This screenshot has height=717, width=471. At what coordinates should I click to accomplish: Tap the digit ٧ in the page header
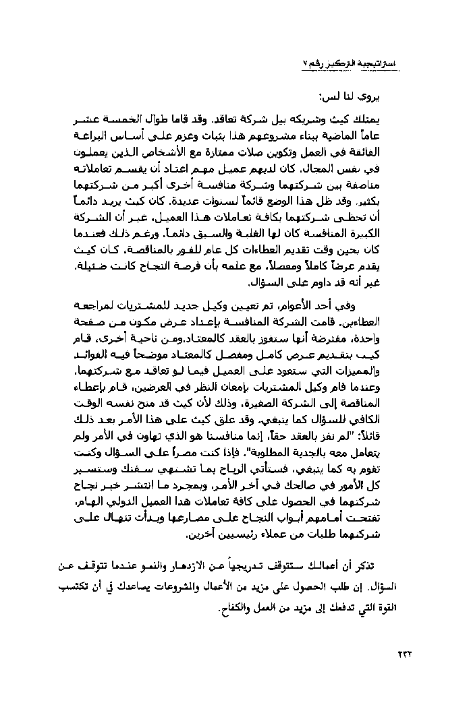(x=303, y=63)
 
